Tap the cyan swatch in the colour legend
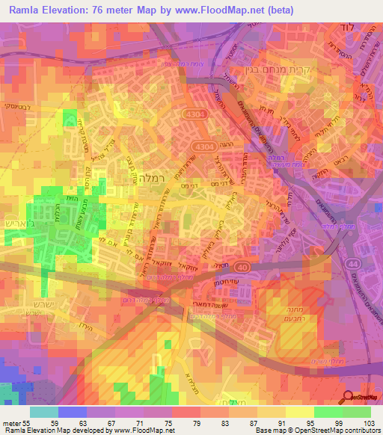coord(43,412)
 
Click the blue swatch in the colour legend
coord(72,412)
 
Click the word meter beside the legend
coord(9,423)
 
